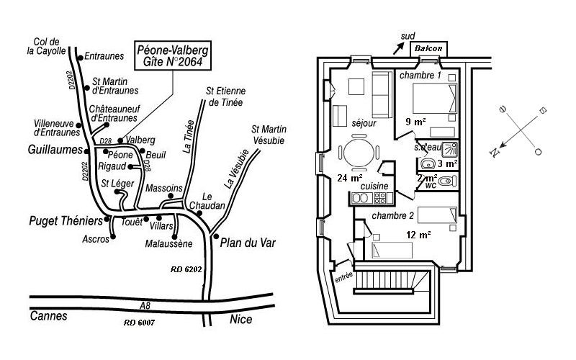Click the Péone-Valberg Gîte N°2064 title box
pyautogui.click(x=173, y=55)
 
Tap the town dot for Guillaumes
pyautogui.click(x=86, y=151)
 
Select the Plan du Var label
pyautogui.click(x=248, y=243)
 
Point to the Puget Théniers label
pyautogui.click(x=66, y=221)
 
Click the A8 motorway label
pyautogui.click(x=145, y=305)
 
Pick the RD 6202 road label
pyautogui.click(x=186, y=269)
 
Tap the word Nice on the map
pyautogui.click(x=241, y=319)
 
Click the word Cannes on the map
pyautogui.click(x=48, y=316)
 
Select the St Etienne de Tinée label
pyautogui.click(x=225, y=96)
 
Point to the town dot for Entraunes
pyautogui.click(x=81, y=58)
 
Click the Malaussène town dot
pyautogui.click(x=174, y=237)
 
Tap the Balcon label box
pyautogui.click(x=428, y=48)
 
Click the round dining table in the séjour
pyautogui.click(x=359, y=153)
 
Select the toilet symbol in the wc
pyautogui.click(x=445, y=181)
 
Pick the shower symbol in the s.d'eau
pyautogui.click(x=450, y=149)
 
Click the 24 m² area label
pyautogui.click(x=350, y=178)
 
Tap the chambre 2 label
pyautogui.click(x=392, y=215)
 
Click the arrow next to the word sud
pyautogui.click(x=399, y=48)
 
